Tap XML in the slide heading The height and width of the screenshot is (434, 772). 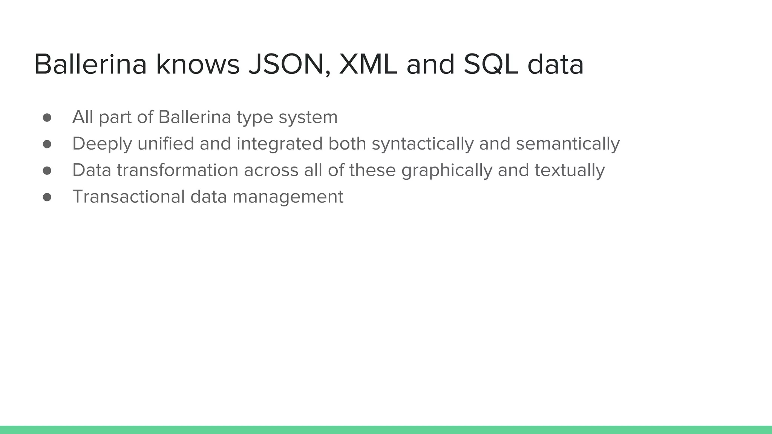(x=368, y=64)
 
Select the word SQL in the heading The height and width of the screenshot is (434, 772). (x=491, y=64)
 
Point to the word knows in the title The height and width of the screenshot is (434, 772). (x=198, y=64)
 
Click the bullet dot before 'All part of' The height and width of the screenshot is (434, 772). (x=47, y=118)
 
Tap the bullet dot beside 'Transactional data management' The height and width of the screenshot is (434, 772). (x=47, y=197)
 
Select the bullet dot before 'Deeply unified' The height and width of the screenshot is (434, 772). (x=47, y=144)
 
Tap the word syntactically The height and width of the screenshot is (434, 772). (x=423, y=144)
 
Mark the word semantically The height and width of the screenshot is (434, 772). (x=568, y=144)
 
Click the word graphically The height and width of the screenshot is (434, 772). (x=447, y=171)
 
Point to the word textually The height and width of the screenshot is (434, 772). (x=570, y=171)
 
